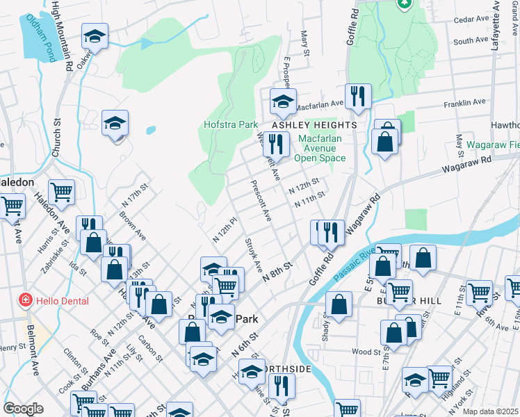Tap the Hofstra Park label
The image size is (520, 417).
click(x=231, y=125)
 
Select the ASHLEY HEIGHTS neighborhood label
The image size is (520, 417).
click(x=314, y=125)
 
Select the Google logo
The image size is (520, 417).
click(x=23, y=409)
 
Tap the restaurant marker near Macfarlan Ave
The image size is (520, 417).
click(x=358, y=97)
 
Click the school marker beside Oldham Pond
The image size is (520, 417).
click(x=95, y=36)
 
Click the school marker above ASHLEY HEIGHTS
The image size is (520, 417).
click(x=283, y=101)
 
